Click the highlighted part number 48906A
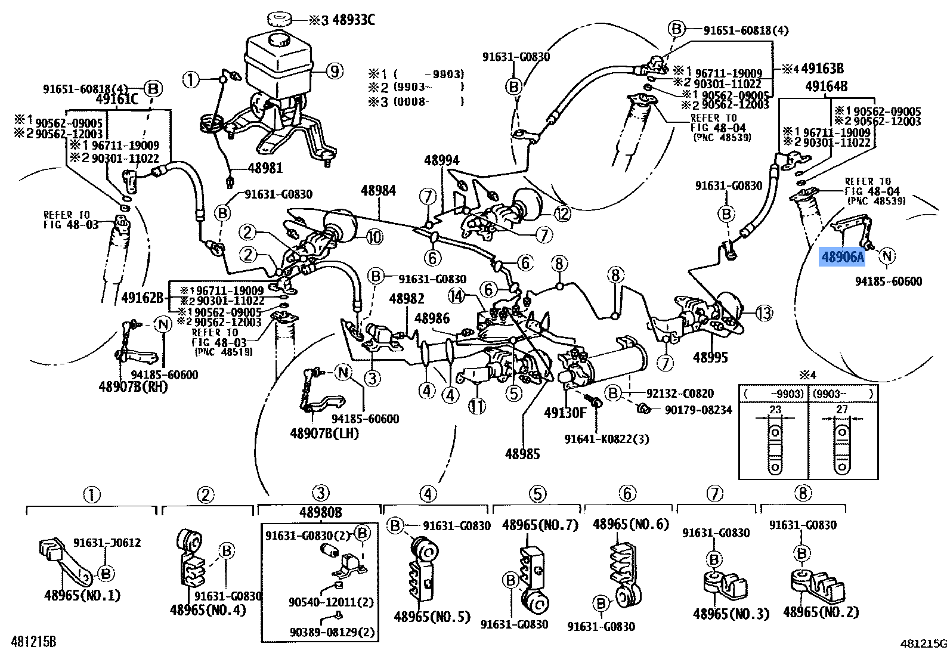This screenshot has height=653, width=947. point(842,257)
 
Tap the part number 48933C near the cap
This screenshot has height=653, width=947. point(354,20)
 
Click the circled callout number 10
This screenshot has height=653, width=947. point(374,237)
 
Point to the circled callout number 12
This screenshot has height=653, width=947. point(561,213)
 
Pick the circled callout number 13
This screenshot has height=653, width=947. point(764,312)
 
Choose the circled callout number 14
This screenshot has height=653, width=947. point(457,295)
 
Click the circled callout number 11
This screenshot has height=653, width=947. point(476,407)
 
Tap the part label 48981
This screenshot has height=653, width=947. point(265,169)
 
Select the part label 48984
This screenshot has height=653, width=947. point(378,190)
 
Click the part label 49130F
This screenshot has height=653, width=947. point(565,413)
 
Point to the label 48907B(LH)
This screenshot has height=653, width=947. point(324,433)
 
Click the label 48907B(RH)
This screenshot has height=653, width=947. point(134,386)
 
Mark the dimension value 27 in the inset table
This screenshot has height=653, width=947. point(842,409)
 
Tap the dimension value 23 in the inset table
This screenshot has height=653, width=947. point(775,409)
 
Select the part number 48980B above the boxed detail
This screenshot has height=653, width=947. point(320,512)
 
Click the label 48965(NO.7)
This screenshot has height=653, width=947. point(540,525)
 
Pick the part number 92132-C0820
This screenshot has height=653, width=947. point(680,394)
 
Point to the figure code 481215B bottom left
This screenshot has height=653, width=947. point(29,642)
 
